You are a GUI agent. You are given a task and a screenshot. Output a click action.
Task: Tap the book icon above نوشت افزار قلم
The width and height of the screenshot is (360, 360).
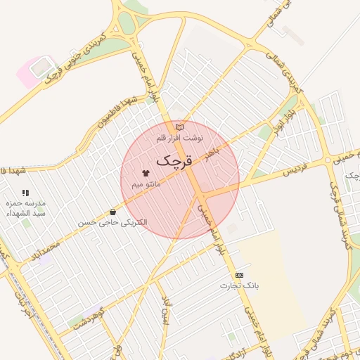coord(179,127)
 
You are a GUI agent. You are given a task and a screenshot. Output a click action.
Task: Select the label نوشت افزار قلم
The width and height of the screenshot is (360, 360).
coord(179,139)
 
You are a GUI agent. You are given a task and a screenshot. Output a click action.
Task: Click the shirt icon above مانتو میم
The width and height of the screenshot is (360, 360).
coord(146,172)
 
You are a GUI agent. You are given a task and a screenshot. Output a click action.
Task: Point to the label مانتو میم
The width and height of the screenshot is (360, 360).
coord(146,184)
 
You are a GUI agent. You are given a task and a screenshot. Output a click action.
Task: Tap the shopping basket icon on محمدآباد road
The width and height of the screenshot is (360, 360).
coord(112,212)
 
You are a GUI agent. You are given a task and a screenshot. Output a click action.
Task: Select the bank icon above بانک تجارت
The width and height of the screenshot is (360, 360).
coord(240,275)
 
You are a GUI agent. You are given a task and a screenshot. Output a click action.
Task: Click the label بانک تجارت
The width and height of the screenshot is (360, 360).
coord(240,286)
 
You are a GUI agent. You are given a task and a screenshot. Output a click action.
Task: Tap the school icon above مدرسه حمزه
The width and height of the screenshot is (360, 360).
coord(25,192)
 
